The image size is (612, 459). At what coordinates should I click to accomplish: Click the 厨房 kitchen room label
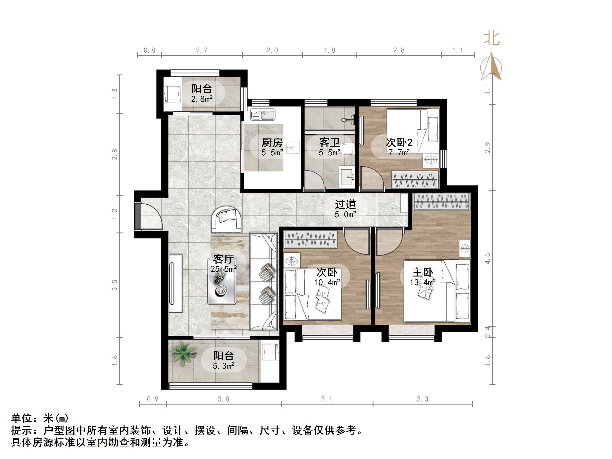(272, 142)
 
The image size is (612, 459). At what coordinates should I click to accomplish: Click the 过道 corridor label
(345, 204)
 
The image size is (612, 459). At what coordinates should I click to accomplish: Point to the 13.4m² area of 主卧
(423, 282)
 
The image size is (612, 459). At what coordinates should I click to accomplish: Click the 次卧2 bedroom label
(399, 142)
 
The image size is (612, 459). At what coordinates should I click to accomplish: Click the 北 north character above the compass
(492, 39)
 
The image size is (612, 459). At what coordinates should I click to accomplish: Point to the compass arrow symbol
(491, 67)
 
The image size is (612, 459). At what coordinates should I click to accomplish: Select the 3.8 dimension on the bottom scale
(224, 399)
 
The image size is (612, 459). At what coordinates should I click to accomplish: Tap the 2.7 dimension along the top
(202, 50)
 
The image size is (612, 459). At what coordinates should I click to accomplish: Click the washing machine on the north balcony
(172, 95)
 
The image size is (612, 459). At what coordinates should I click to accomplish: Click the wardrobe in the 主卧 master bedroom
(441, 202)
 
